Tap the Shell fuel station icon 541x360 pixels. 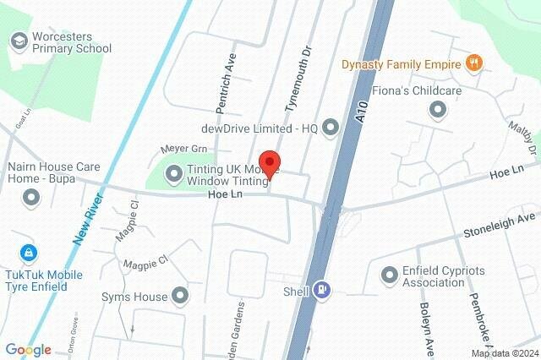tap(322, 290)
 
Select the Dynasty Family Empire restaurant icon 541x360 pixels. tap(474, 63)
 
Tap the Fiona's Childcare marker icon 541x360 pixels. tap(438, 109)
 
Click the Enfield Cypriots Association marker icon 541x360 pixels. tap(390, 275)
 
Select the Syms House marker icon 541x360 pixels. tap(180, 296)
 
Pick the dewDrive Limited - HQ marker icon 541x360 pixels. tap(330, 128)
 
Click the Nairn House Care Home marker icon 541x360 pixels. tap(32, 198)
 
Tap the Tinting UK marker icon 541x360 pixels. tap(175, 173)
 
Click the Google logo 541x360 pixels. tap(28, 350)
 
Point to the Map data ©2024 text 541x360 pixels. tap(504, 353)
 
